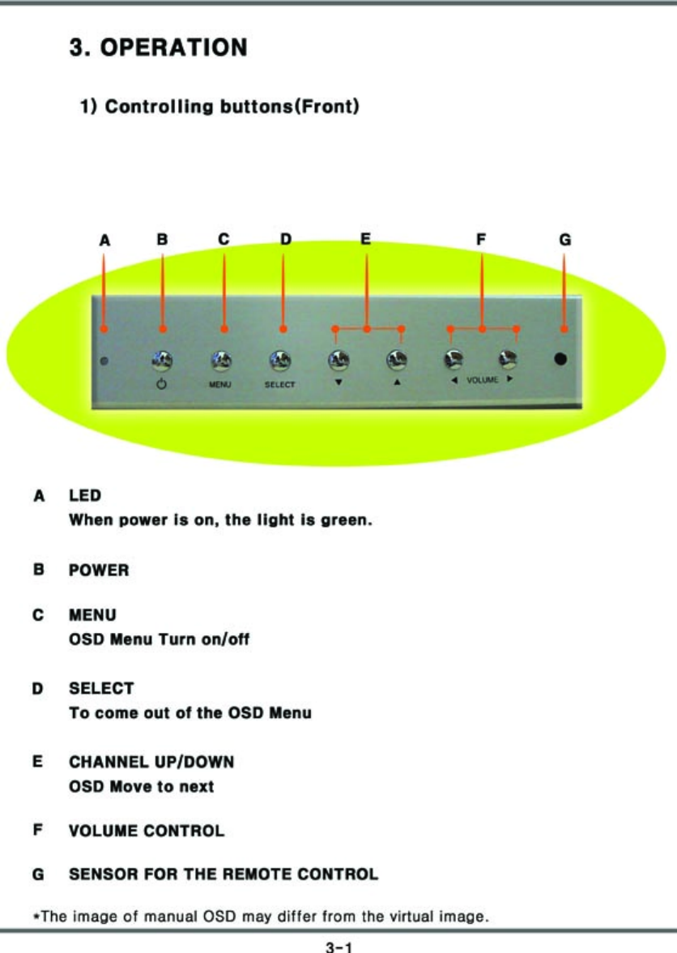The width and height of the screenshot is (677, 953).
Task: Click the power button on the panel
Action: point(162,358)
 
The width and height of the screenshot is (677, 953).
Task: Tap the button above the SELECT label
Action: point(280,358)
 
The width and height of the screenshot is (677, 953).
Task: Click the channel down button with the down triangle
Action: point(338,358)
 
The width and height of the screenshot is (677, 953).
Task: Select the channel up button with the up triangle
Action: point(396,358)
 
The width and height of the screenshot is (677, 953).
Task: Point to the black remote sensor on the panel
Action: point(560,359)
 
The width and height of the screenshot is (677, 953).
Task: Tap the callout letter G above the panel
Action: point(564,240)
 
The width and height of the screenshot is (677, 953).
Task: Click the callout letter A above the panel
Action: point(104,240)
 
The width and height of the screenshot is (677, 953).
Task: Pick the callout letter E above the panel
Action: point(365,239)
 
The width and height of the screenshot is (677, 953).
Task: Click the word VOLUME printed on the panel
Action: point(482,380)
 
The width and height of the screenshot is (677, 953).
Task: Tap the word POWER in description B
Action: point(99,571)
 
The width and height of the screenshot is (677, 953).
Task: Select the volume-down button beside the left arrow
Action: point(453,358)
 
